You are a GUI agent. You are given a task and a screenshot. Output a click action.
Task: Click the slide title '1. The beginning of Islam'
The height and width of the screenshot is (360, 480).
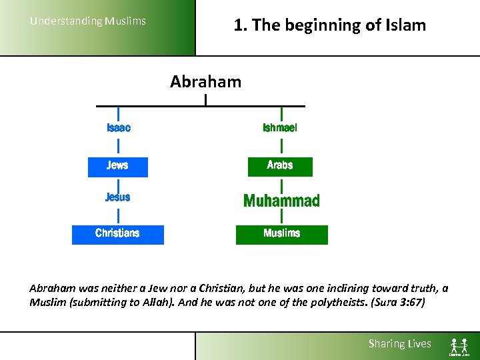(x=329, y=25)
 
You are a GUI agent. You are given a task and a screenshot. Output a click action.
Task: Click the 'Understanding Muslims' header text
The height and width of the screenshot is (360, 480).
(x=87, y=21)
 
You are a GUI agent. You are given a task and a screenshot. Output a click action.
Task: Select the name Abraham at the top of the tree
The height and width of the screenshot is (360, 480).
(x=205, y=82)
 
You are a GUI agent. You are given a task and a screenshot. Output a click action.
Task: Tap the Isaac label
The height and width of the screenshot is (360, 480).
(x=119, y=128)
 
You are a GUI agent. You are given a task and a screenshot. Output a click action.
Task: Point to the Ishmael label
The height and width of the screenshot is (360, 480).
(x=280, y=128)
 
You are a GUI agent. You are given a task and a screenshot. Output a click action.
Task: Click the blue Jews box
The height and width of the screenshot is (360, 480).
(x=118, y=166)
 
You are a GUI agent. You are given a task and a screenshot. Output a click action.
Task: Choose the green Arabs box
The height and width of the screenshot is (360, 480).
(x=280, y=166)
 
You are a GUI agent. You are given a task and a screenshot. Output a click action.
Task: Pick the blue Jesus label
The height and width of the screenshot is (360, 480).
(x=118, y=197)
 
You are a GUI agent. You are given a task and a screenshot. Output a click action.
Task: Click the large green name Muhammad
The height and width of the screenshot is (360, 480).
(x=281, y=201)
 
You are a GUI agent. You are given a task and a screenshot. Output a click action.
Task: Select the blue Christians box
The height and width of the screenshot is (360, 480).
(x=118, y=234)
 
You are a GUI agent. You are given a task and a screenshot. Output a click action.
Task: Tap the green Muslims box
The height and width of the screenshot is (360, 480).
(x=281, y=234)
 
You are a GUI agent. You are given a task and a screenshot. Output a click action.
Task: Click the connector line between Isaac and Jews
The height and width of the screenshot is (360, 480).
(x=119, y=145)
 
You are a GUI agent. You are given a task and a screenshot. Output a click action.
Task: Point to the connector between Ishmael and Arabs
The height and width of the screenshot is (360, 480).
(x=281, y=145)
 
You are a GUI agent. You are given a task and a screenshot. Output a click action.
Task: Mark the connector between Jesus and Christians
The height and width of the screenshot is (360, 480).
(x=119, y=215)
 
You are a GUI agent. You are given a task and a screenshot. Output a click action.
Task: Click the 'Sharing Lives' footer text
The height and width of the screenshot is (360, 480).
(x=400, y=344)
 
